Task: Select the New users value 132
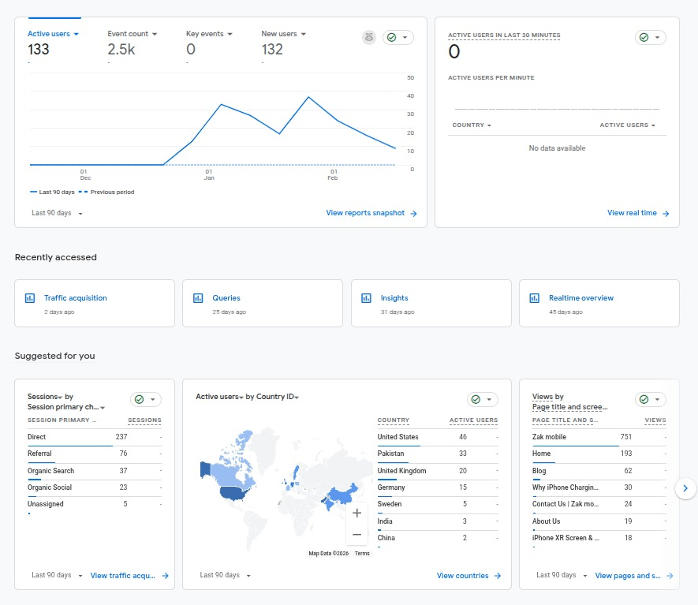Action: click(272, 50)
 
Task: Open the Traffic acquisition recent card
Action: click(76, 298)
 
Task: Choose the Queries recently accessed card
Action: click(226, 298)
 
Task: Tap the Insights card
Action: click(394, 298)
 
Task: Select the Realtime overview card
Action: click(581, 298)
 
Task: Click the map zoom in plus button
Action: click(356, 513)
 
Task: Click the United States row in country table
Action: click(398, 437)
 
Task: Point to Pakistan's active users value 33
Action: click(463, 454)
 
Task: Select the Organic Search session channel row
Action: click(50, 471)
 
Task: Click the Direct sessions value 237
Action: click(121, 437)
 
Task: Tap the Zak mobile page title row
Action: click(550, 437)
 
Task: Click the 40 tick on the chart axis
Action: click(411, 95)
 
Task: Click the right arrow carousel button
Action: click(686, 488)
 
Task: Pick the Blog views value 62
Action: click(628, 471)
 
